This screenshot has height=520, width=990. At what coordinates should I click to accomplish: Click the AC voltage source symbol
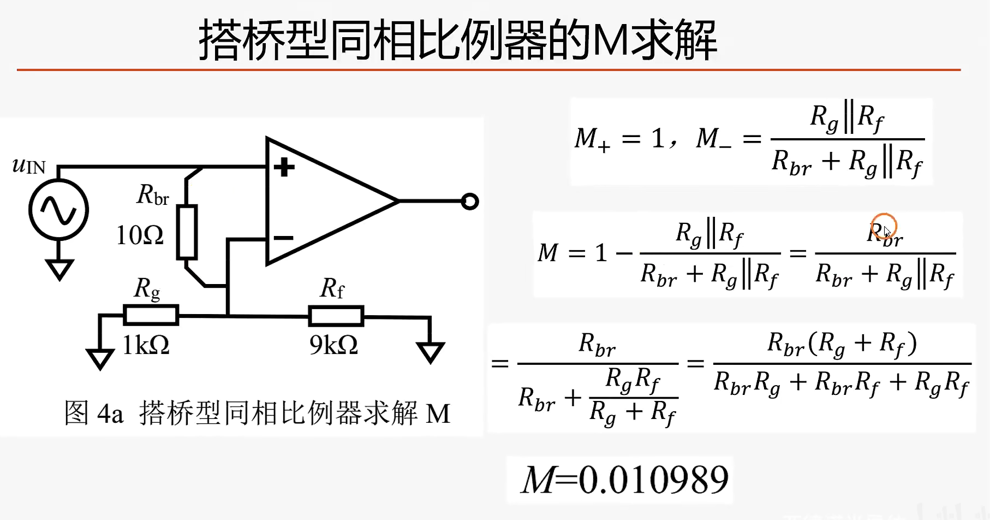tap(58, 210)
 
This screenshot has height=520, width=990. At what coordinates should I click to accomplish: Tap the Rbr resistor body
tap(187, 232)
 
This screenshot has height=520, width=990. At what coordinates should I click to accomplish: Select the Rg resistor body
tap(151, 315)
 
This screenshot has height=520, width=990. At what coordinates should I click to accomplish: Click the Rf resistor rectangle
tap(336, 316)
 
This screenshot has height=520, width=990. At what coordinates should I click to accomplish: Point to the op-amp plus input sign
tap(284, 167)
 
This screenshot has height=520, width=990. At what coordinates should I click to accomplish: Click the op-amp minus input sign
tap(283, 238)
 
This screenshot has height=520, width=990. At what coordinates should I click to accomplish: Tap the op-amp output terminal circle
tap(469, 202)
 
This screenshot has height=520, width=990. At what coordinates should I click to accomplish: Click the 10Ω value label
tap(140, 235)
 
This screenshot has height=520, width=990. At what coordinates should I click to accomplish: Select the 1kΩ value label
tap(146, 345)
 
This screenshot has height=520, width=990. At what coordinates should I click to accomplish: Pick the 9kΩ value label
tap(333, 345)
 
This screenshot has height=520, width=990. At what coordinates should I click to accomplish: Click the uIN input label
tap(28, 165)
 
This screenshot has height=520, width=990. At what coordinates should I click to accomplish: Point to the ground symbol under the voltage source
tap(59, 269)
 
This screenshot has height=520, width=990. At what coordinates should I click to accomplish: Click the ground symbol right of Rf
tap(430, 351)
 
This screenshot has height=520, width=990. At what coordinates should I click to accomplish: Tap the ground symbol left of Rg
tap(100, 358)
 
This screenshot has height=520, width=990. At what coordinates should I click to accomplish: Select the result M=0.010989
tap(625, 480)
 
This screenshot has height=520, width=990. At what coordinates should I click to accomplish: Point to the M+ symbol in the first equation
tap(592, 139)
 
